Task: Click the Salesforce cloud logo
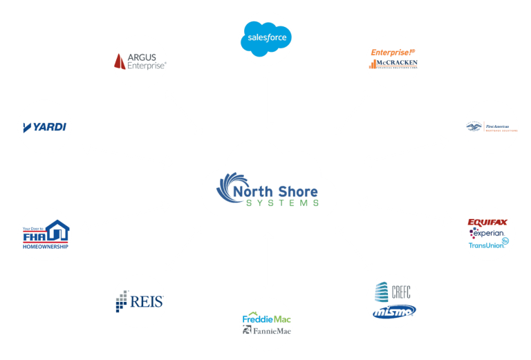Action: (x=266, y=37)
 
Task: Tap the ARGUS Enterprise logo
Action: (x=140, y=61)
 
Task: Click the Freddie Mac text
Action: (x=266, y=319)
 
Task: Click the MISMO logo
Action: (x=393, y=312)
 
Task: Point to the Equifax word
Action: (x=488, y=222)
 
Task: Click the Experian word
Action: (x=488, y=234)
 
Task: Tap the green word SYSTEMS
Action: (x=281, y=202)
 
